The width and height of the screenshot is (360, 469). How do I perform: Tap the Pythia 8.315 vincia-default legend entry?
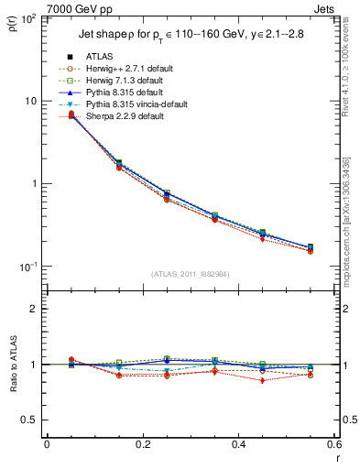click(x=128, y=104)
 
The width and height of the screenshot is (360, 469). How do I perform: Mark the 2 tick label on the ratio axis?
click(x=34, y=309)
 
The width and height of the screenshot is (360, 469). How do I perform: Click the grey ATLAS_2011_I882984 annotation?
click(x=190, y=274)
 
